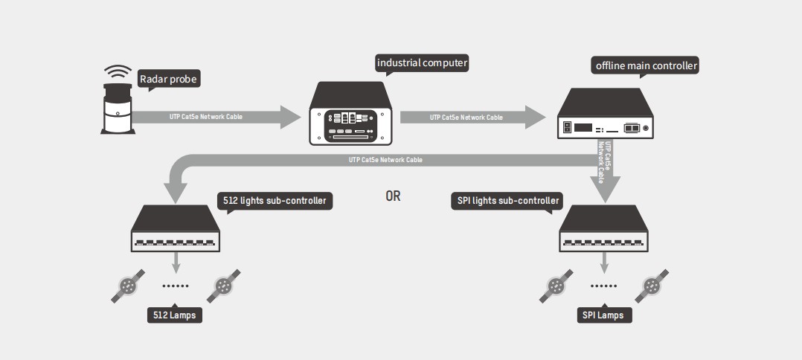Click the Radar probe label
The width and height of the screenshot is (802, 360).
[x=170, y=77]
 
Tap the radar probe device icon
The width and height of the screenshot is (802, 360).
[x=117, y=110]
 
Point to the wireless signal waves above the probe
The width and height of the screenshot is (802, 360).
[x=117, y=72]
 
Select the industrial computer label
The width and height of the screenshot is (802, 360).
[x=422, y=63]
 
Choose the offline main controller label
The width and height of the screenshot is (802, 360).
[x=646, y=65]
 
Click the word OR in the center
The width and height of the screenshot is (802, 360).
[x=393, y=197]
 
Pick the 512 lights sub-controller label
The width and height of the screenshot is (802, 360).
[x=274, y=200]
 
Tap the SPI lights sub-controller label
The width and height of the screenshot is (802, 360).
[x=507, y=200]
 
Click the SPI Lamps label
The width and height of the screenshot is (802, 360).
[x=604, y=315]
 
